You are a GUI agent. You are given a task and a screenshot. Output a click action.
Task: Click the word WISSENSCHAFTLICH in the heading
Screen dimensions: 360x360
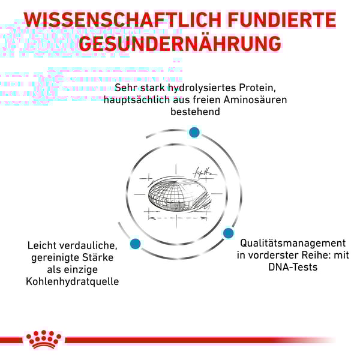(122, 20)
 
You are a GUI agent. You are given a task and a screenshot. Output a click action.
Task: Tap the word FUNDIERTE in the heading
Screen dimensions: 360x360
(282, 20)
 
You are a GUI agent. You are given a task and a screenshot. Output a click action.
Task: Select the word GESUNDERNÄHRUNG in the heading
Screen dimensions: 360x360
(180, 44)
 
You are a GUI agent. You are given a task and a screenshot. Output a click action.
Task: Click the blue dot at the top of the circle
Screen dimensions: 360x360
(194, 132)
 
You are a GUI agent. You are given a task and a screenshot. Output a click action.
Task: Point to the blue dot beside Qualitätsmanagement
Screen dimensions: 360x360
(228, 233)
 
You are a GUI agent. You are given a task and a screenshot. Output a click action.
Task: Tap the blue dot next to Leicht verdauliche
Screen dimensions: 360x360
(135, 244)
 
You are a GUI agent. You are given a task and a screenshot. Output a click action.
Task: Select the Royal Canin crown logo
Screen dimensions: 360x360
(44, 340)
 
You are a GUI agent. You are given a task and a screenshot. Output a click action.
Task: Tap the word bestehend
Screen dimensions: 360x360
(195, 112)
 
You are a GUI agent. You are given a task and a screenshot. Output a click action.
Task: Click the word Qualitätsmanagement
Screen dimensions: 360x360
(293, 243)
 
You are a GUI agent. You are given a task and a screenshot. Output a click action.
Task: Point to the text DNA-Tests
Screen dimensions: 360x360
(293, 267)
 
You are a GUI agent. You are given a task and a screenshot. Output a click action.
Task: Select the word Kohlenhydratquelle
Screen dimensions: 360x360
(73, 281)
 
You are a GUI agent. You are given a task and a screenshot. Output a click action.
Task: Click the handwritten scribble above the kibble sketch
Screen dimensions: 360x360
(204, 172)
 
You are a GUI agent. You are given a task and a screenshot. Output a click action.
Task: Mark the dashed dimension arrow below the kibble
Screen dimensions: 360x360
(178, 218)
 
